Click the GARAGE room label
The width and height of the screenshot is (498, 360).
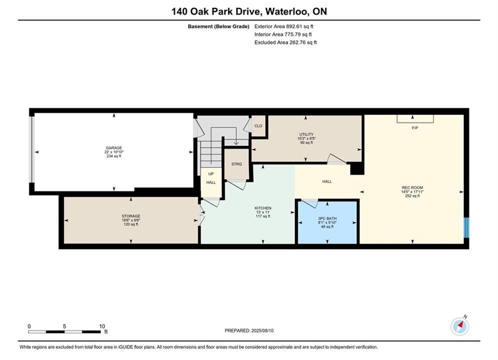point(114,152)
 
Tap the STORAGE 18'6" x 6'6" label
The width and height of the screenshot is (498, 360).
point(131,220)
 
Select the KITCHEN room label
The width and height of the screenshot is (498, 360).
point(263,212)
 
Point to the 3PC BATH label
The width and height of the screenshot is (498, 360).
point(327,222)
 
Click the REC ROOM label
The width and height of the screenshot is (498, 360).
point(412,191)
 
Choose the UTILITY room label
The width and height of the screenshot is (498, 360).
point(306,138)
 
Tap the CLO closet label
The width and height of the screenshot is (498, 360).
point(259,126)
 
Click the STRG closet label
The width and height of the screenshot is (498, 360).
point(237,164)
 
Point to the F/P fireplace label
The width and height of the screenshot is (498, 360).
point(415,128)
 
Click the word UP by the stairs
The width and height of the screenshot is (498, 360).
point(211,174)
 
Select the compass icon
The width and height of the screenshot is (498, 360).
point(459,326)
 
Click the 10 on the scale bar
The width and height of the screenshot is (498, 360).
point(102,326)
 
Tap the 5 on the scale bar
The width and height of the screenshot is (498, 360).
point(65,326)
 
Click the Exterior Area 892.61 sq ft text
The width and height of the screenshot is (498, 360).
point(284,26)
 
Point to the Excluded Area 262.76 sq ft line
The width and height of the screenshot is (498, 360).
point(285,42)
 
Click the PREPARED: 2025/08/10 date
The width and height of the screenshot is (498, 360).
point(249,330)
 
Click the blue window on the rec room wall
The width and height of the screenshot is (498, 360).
point(466,227)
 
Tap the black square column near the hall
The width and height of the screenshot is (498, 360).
point(357,168)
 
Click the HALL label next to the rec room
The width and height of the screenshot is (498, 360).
point(327,181)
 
